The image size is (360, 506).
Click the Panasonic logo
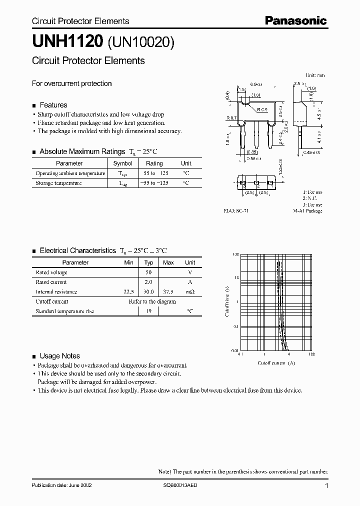click(295, 20)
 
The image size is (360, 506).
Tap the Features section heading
click(53, 105)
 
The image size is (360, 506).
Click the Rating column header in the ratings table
click(154, 163)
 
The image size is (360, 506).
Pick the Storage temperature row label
click(58, 183)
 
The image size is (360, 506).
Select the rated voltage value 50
click(148, 272)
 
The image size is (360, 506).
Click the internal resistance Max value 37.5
click(168, 292)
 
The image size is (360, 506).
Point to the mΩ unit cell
click(190, 292)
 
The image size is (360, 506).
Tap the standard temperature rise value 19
click(148, 311)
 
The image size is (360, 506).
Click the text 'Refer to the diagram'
click(152, 301)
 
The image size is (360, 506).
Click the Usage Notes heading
click(59, 356)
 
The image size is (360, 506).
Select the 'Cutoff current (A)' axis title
click(276, 362)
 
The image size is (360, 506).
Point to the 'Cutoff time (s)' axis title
click(227, 302)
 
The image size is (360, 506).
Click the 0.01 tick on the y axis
click(235, 351)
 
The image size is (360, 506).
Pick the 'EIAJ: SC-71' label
click(236, 211)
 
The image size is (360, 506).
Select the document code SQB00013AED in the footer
click(180, 485)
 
